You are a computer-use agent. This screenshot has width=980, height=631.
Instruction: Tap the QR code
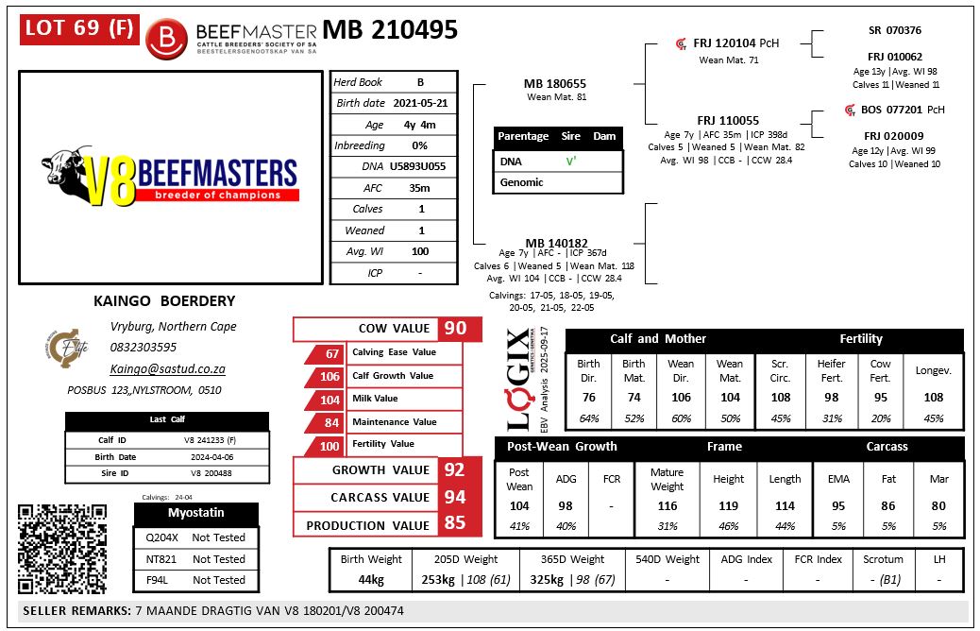point(61,551)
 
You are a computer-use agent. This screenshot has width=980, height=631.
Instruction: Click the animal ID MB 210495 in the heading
point(390,30)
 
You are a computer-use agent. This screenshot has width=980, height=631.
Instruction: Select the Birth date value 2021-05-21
point(420,103)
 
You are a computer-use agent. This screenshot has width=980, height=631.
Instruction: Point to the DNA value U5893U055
point(420,167)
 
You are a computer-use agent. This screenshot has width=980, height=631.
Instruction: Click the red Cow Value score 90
point(455,329)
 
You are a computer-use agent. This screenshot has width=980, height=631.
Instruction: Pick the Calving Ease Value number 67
point(331,353)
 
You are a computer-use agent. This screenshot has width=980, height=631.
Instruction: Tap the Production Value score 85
point(455,525)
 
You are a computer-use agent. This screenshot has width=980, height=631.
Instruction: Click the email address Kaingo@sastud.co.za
point(168,369)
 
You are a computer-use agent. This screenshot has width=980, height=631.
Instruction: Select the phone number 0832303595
point(144,348)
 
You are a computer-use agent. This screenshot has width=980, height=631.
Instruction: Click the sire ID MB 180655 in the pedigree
point(554,84)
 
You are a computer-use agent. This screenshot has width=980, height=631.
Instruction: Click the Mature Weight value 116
point(667,506)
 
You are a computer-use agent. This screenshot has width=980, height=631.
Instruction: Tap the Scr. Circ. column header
point(780,369)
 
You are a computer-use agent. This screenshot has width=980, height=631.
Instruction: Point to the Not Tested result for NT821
point(218,559)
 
